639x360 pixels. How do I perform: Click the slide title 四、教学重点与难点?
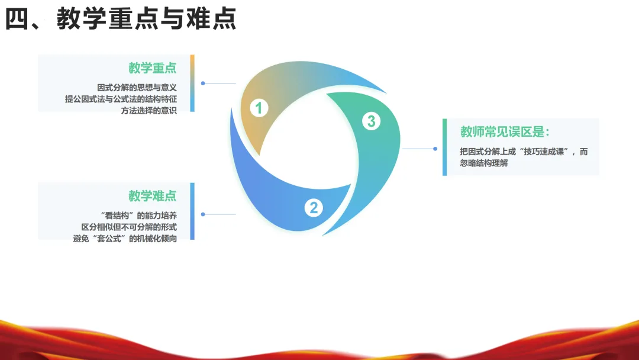point(121,19)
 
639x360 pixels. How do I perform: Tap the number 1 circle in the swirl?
point(259,108)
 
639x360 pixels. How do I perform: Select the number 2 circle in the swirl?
point(314,207)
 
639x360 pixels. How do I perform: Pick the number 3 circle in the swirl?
point(371,121)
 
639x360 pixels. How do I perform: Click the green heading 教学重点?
point(153,68)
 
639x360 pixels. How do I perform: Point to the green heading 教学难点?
point(153,196)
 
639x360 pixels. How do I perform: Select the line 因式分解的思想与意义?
point(137,87)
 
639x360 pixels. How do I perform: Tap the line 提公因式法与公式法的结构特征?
point(121,99)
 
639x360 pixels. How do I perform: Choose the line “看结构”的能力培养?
point(140,215)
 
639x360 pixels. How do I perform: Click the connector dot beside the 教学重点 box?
point(203,83)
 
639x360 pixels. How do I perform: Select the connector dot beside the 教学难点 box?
point(203,214)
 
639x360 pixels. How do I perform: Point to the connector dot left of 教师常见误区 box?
point(435,149)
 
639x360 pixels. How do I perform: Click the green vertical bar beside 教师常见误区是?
point(445,147)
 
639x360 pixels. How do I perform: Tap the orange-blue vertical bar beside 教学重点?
point(192,83)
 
